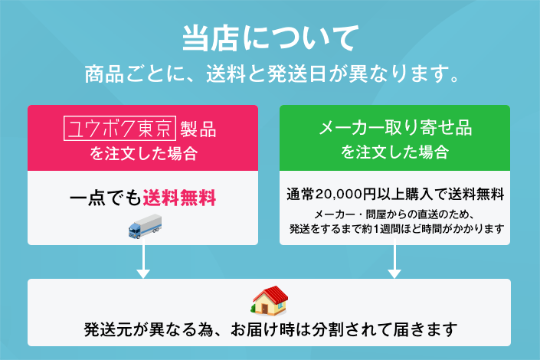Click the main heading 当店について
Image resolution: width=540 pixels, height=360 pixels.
[270, 38]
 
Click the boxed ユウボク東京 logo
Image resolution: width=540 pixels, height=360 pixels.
[119, 129]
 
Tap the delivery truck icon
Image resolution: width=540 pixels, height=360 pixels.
[145, 226]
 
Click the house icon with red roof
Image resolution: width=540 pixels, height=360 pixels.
[270, 300]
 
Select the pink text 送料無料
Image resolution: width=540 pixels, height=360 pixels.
[179, 198]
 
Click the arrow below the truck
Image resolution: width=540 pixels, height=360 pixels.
[143, 258]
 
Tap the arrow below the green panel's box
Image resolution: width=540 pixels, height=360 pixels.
[394, 258]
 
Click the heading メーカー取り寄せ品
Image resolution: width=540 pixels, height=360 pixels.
[395, 127]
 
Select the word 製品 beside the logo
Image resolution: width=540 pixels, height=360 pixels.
[198, 129]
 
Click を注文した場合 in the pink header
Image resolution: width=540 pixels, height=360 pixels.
[143, 153]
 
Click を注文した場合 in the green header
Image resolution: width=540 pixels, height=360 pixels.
[395, 152]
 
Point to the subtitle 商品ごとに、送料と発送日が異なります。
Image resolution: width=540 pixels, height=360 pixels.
[272, 74]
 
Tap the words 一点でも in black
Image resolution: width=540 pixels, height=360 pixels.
[106, 198]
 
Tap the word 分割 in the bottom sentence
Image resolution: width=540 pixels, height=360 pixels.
[328, 329]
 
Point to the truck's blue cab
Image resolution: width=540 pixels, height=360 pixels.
[135, 230]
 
